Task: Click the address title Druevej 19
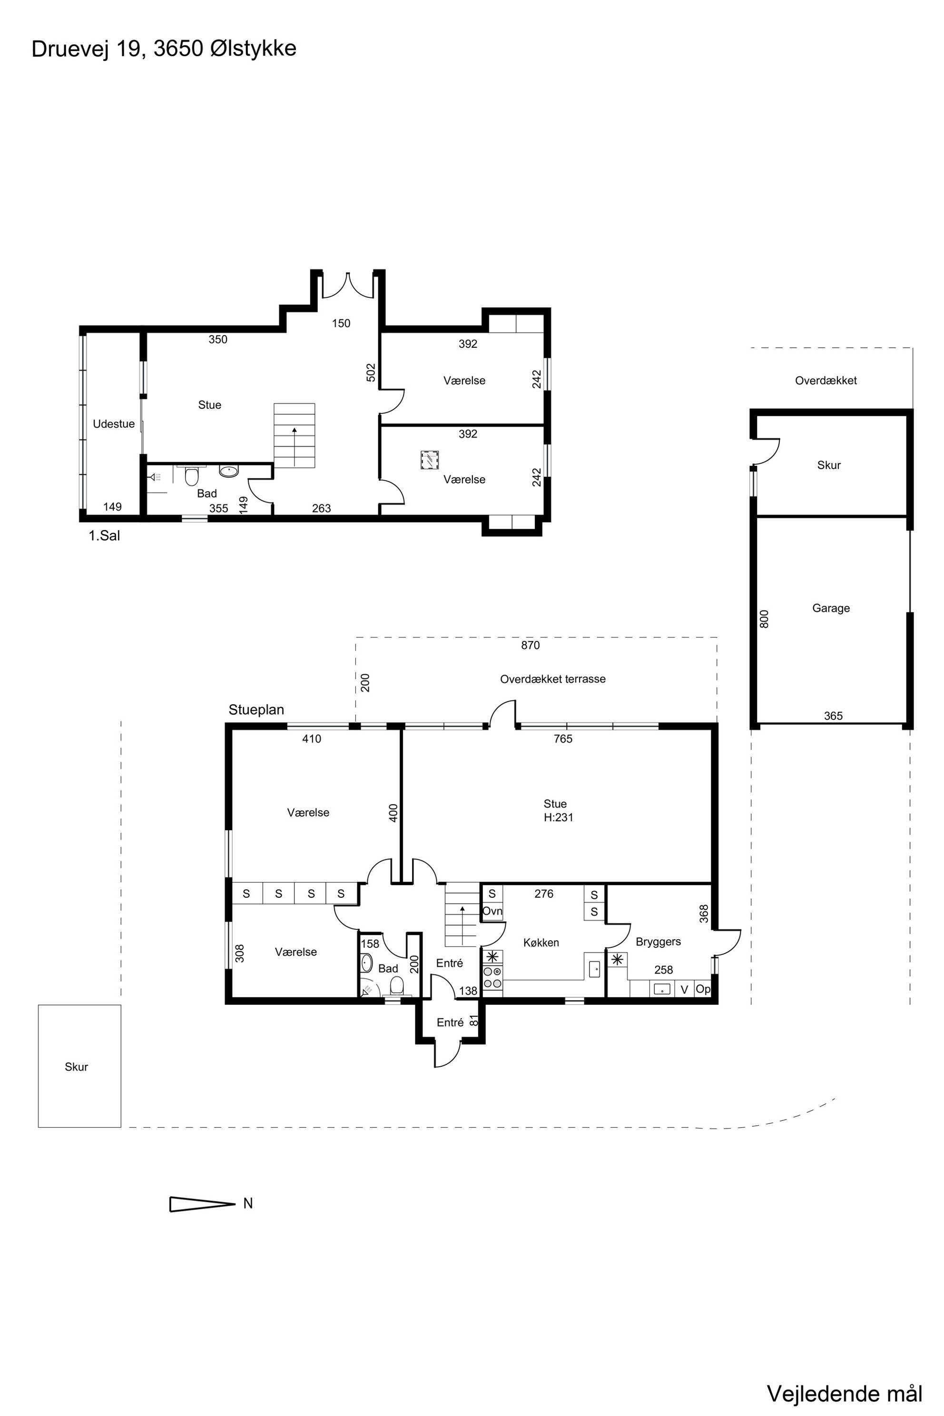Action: [x=88, y=49]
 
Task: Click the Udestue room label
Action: [x=114, y=424]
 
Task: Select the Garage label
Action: [x=831, y=608]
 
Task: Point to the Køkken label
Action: [x=541, y=943]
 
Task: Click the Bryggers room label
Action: [x=658, y=942]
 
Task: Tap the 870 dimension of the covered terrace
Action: [x=531, y=645]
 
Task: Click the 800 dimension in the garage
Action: [x=765, y=619]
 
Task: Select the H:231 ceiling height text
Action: [x=559, y=817]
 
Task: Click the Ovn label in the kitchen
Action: [x=492, y=911]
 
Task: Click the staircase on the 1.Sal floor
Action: [x=295, y=436]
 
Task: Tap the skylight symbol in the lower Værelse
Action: [x=429, y=460]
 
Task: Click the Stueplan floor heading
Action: [x=256, y=710]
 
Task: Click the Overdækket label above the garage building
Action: [x=826, y=381]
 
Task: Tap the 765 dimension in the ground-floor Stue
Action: [x=563, y=739]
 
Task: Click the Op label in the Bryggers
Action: [x=703, y=989]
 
